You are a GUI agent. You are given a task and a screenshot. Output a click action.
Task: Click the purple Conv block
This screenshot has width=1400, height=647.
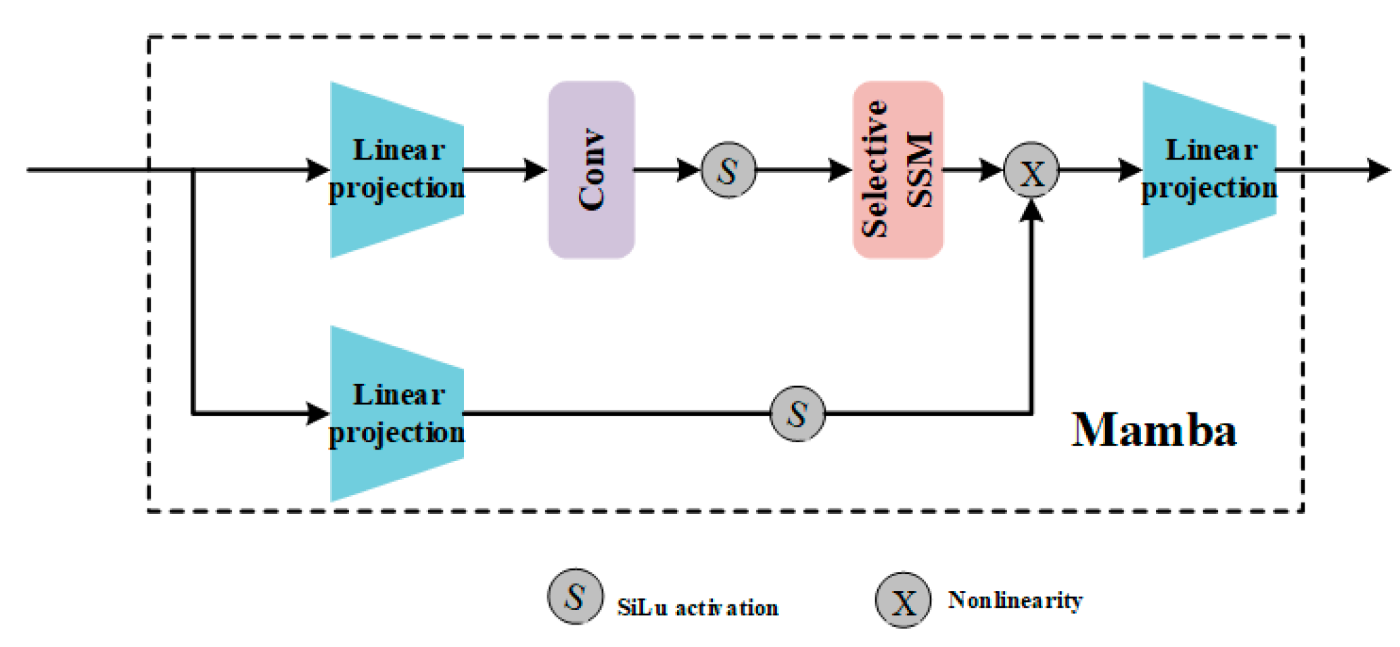click(x=591, y=170)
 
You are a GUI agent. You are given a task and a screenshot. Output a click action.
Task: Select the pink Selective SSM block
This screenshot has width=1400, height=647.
click(x=897, y=170)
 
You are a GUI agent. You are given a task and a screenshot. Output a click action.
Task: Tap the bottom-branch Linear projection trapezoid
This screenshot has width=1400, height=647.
click(x=396, y=414)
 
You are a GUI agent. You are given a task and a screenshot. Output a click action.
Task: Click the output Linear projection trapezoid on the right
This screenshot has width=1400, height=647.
click(x=1209, y=170)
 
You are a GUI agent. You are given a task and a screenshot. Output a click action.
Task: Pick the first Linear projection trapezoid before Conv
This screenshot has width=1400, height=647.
click(x=396, y=170)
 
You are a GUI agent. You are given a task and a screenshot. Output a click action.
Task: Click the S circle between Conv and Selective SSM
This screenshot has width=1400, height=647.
click(x=728, y=170)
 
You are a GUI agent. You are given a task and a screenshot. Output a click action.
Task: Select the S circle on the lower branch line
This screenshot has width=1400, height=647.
click(x=797, y=414)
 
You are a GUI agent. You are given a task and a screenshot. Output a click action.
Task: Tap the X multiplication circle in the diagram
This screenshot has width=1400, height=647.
click(x=1031, y=170)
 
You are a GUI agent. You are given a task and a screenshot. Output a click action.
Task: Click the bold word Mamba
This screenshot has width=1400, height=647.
click(x=1154, y=430)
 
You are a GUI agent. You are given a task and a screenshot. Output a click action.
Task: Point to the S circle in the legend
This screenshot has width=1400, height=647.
click(x=575, y=596)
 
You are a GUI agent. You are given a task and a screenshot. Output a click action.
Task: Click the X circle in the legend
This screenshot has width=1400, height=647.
click(x=903, y=600)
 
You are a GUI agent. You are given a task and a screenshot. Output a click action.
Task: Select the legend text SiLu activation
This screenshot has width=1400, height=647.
click(x=697, y=607)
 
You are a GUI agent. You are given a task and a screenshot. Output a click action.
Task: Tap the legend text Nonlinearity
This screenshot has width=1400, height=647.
click(x=1014, y=600)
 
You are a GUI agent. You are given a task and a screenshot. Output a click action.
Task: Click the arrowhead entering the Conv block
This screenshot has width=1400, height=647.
click(x=536, y=170)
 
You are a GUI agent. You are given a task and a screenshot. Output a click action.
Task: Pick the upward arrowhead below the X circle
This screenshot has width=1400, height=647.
click(x=1031, y=210)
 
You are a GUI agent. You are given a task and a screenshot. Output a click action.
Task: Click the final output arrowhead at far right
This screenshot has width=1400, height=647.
click(x=1380, y=170)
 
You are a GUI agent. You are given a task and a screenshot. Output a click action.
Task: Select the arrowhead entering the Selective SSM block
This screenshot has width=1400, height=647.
click(x=841, y=170)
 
